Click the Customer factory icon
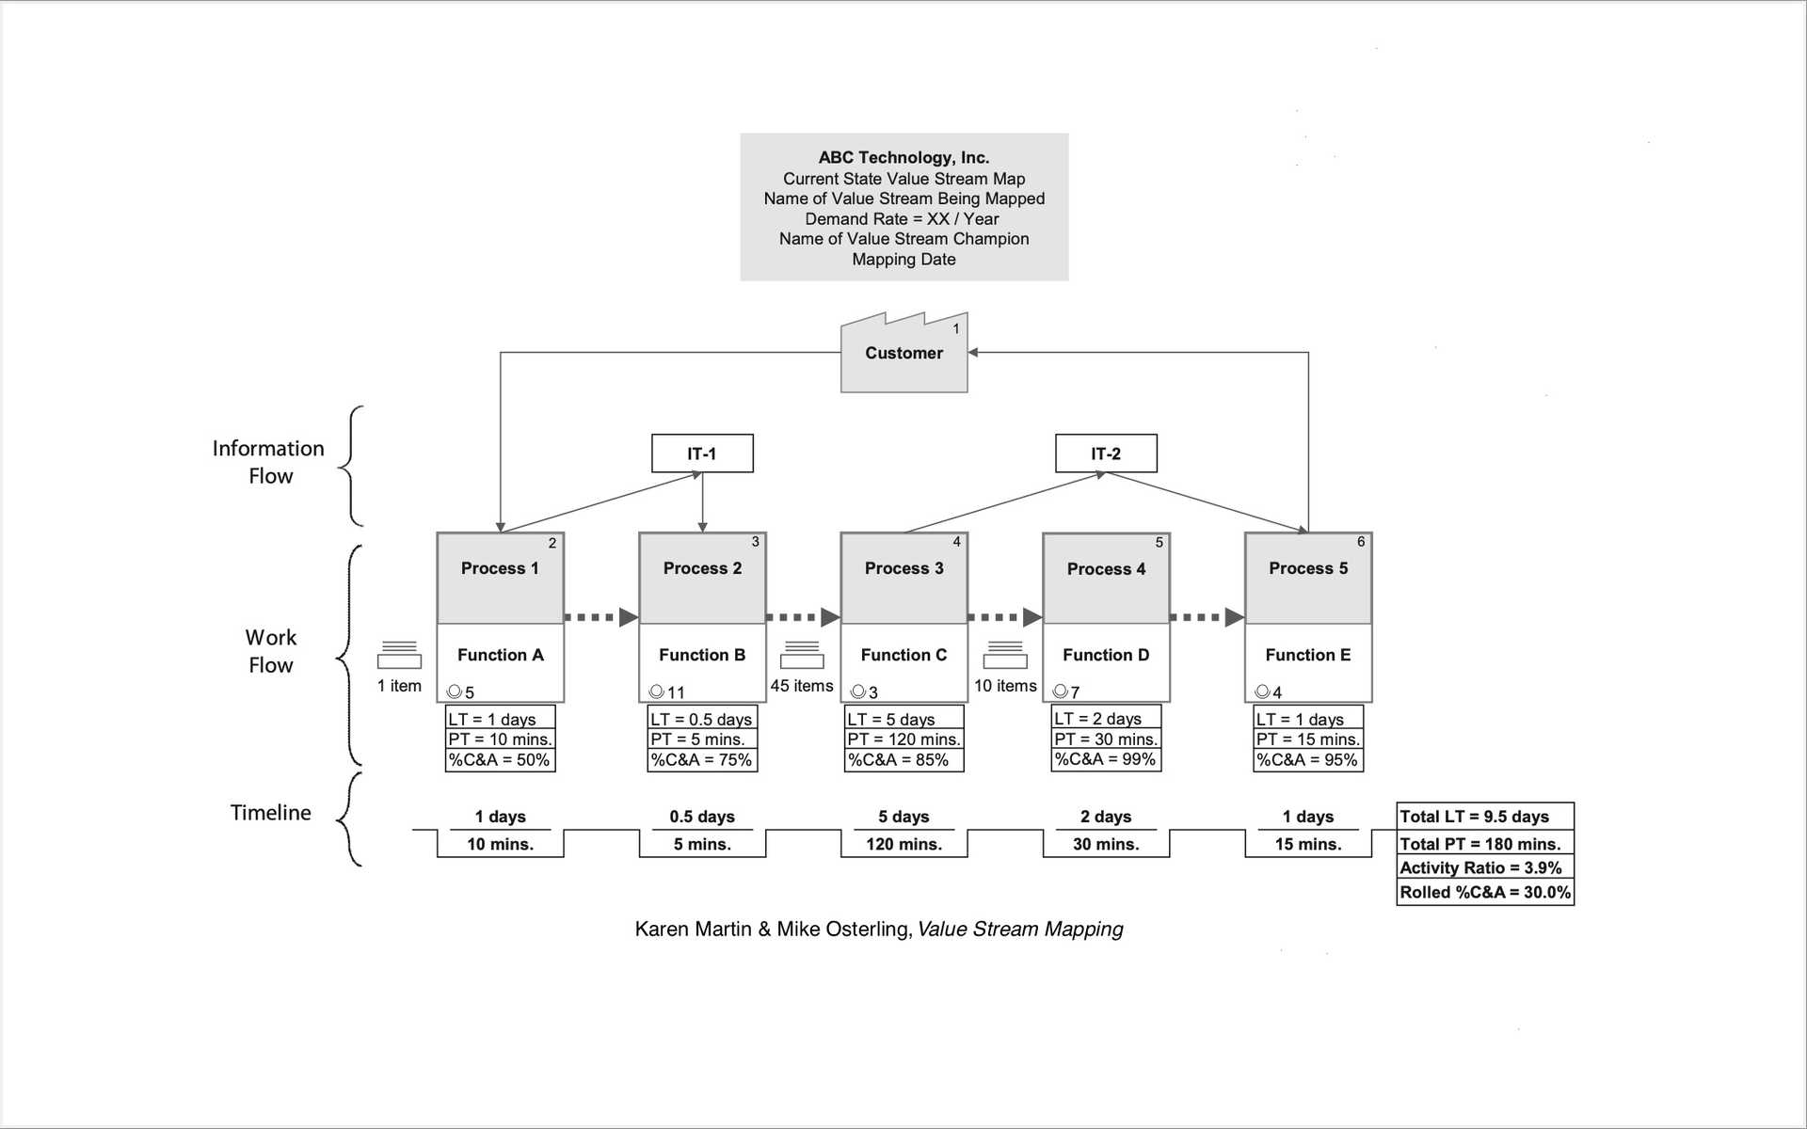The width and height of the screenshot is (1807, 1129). pyautogui.click(x=903, y=354)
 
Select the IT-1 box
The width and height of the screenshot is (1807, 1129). pyautogui.click(x=702, y=453)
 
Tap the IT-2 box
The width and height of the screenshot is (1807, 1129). pyautogui.click(x=1106, y=453)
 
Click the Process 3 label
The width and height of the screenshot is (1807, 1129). pyautogui.click(x=903, y=568)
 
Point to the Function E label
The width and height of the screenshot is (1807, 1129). pyautogui.click(x=1307, y=655)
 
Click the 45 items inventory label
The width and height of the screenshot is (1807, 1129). pyautogui.click(x=802, y=686)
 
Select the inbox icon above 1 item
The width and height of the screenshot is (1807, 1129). pyautogui.click(x=399, y=655)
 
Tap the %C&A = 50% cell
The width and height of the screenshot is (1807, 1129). pyautogui.click(x=500, y=760)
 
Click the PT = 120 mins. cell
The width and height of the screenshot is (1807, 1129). pyautogui.click(x=903, y=739)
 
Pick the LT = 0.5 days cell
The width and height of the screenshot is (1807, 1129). pyautogui.click(x=702, y=719)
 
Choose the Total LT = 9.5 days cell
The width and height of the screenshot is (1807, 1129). pyautogui.click(x=1484, y=817)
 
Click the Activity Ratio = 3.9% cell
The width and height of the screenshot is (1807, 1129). pyautogui.click(x=1484, y=867)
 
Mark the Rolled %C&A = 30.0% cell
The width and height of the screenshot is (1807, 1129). pyautogui.click(x=1484, y=892)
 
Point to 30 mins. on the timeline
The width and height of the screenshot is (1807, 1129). pyautogui.click(x=1106, y=844)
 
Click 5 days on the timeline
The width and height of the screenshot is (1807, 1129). pyautogui.click(x=903, y=817)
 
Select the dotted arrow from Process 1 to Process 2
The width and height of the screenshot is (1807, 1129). pyautogui.click(x=600, y=617)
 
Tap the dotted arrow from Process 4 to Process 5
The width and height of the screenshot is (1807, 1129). pyautogui.click(x=1207, y=617)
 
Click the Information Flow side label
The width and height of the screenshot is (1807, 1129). pyautogui.click(x=269, y=462)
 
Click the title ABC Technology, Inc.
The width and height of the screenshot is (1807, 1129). pyautogui.click(x=903, y=158)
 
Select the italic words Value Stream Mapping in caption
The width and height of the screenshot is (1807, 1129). pyautogui.click(x=1020, y=930)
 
